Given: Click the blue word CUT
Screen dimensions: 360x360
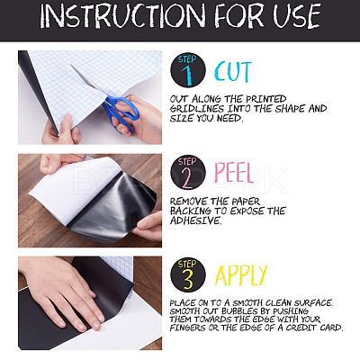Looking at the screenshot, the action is pos(233,71).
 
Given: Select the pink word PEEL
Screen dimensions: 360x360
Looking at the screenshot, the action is pos(235,173).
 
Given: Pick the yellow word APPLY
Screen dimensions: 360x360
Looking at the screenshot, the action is pos(241,275).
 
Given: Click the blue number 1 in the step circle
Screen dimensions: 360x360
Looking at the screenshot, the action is pos(187,76).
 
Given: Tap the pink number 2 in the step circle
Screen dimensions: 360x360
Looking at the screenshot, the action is pos(187,177).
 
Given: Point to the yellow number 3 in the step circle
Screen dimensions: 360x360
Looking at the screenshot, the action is pos(188,280).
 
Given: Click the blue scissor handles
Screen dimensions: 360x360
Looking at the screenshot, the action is pos(121,112).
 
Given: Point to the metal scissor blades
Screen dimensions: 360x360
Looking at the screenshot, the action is pos(85,77).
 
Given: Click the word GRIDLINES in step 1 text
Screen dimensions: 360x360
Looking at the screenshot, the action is pos(196,109).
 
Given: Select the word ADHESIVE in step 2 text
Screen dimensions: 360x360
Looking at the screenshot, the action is pos(195,220).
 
